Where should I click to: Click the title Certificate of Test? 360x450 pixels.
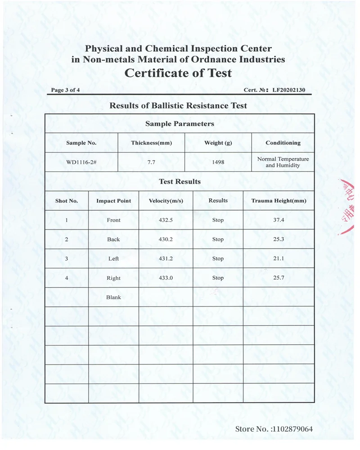pyautogui.click(x=178, y=73)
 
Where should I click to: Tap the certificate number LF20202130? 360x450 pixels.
pyautogui.click(x=288, y=90)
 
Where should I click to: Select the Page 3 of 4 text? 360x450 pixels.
pyautogui.click(x=66, y=90)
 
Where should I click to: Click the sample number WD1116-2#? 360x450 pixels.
pyautogui.click(x=81, y=162)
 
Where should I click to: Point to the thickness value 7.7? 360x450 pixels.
pyautogui.click(x=151, y=162)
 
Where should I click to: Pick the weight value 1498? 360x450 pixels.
pyautogui.click(x=218, y=162)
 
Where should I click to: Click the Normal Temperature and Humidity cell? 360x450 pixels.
pyautogui.click(x=283, y=162)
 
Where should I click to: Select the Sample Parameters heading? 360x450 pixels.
pyautogui.click(x=180, y=124)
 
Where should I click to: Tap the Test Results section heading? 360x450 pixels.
pyautogui.click(x=180, y=182)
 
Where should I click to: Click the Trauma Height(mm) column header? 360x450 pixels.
pyautogui.click(x=279, y=201)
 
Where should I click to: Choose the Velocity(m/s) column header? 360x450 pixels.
pyautogui.click(x=166, y=201)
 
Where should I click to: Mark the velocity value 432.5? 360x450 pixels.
pyautogui.click(x=166, y=220)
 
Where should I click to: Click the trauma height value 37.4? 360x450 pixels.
pyautogui.click(x=279, y=220)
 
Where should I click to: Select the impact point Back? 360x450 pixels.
pyautogui.click(x=113, y=239)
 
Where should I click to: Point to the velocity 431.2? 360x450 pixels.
pyautogui.click(x=166, y=259)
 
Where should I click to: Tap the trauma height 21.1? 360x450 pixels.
pyautogui.click(x=279, y=259)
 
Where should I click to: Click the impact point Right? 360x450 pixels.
pyautogui.click(x=113, y=278)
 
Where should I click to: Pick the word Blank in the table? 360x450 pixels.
pyautogui.click(x=113, y=297)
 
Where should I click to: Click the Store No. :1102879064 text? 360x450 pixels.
pyautogui.click(x=274, y=429)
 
